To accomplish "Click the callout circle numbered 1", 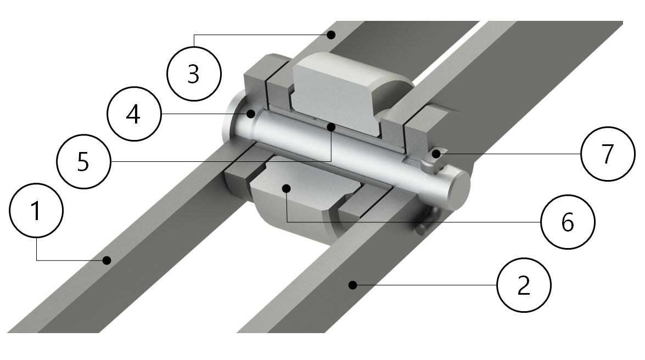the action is click(x=36, y=210).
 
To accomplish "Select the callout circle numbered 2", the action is click(x=524, y=285).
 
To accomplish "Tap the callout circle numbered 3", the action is click(x=194, y=74).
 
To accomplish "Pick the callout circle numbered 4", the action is click(x=134, y=114).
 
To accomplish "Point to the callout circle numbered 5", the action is click(x=83, y=162).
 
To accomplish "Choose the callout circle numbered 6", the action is click(x=568, y=222).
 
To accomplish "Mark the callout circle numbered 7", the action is click(x=608, y=154).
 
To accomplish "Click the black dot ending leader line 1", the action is click(x=107, y=260).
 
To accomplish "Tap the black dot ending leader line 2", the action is click(x=352, y=285).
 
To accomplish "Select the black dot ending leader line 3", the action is click(x=331, y=35).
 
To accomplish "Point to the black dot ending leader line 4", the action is click(x=250, y=114).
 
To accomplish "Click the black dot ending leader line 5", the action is click(x=330, y=126).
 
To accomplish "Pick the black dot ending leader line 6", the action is click(x=287, y=188).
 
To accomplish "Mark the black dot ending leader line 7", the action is click(x=436, y=154).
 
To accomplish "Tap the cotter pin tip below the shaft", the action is click(x=420, y=229).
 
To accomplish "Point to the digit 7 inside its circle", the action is click(x=608, y=154).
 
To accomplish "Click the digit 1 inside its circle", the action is click(x=36, y=210).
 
